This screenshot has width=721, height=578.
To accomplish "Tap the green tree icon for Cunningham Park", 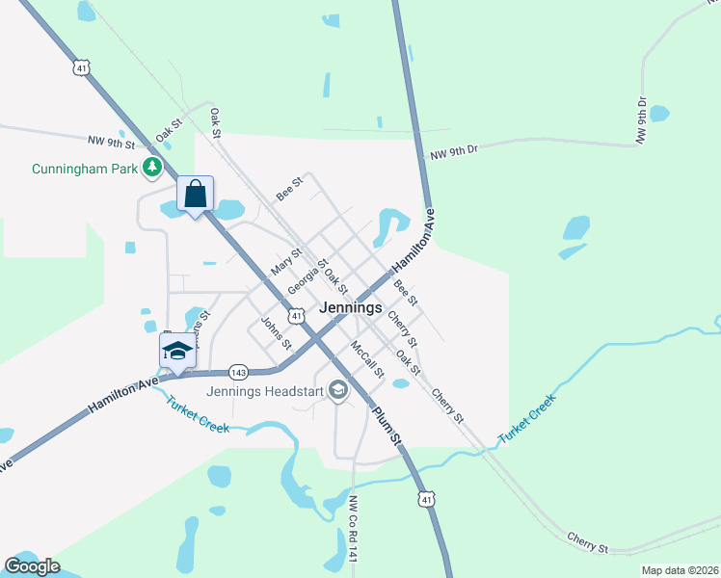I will point(151,169).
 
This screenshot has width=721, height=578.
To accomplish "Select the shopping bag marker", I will point(196,195).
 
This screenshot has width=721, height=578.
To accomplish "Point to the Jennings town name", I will point(355,309).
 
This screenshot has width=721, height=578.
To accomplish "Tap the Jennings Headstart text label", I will point(266,391).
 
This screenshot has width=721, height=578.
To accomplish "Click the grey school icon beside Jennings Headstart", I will point(338,390).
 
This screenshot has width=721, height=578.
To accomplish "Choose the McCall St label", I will point(367,358).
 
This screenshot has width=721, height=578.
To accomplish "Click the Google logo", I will point(32,566).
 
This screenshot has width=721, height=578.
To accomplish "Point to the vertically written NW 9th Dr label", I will point(641,120).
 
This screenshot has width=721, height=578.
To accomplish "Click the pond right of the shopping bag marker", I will point(230,208).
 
